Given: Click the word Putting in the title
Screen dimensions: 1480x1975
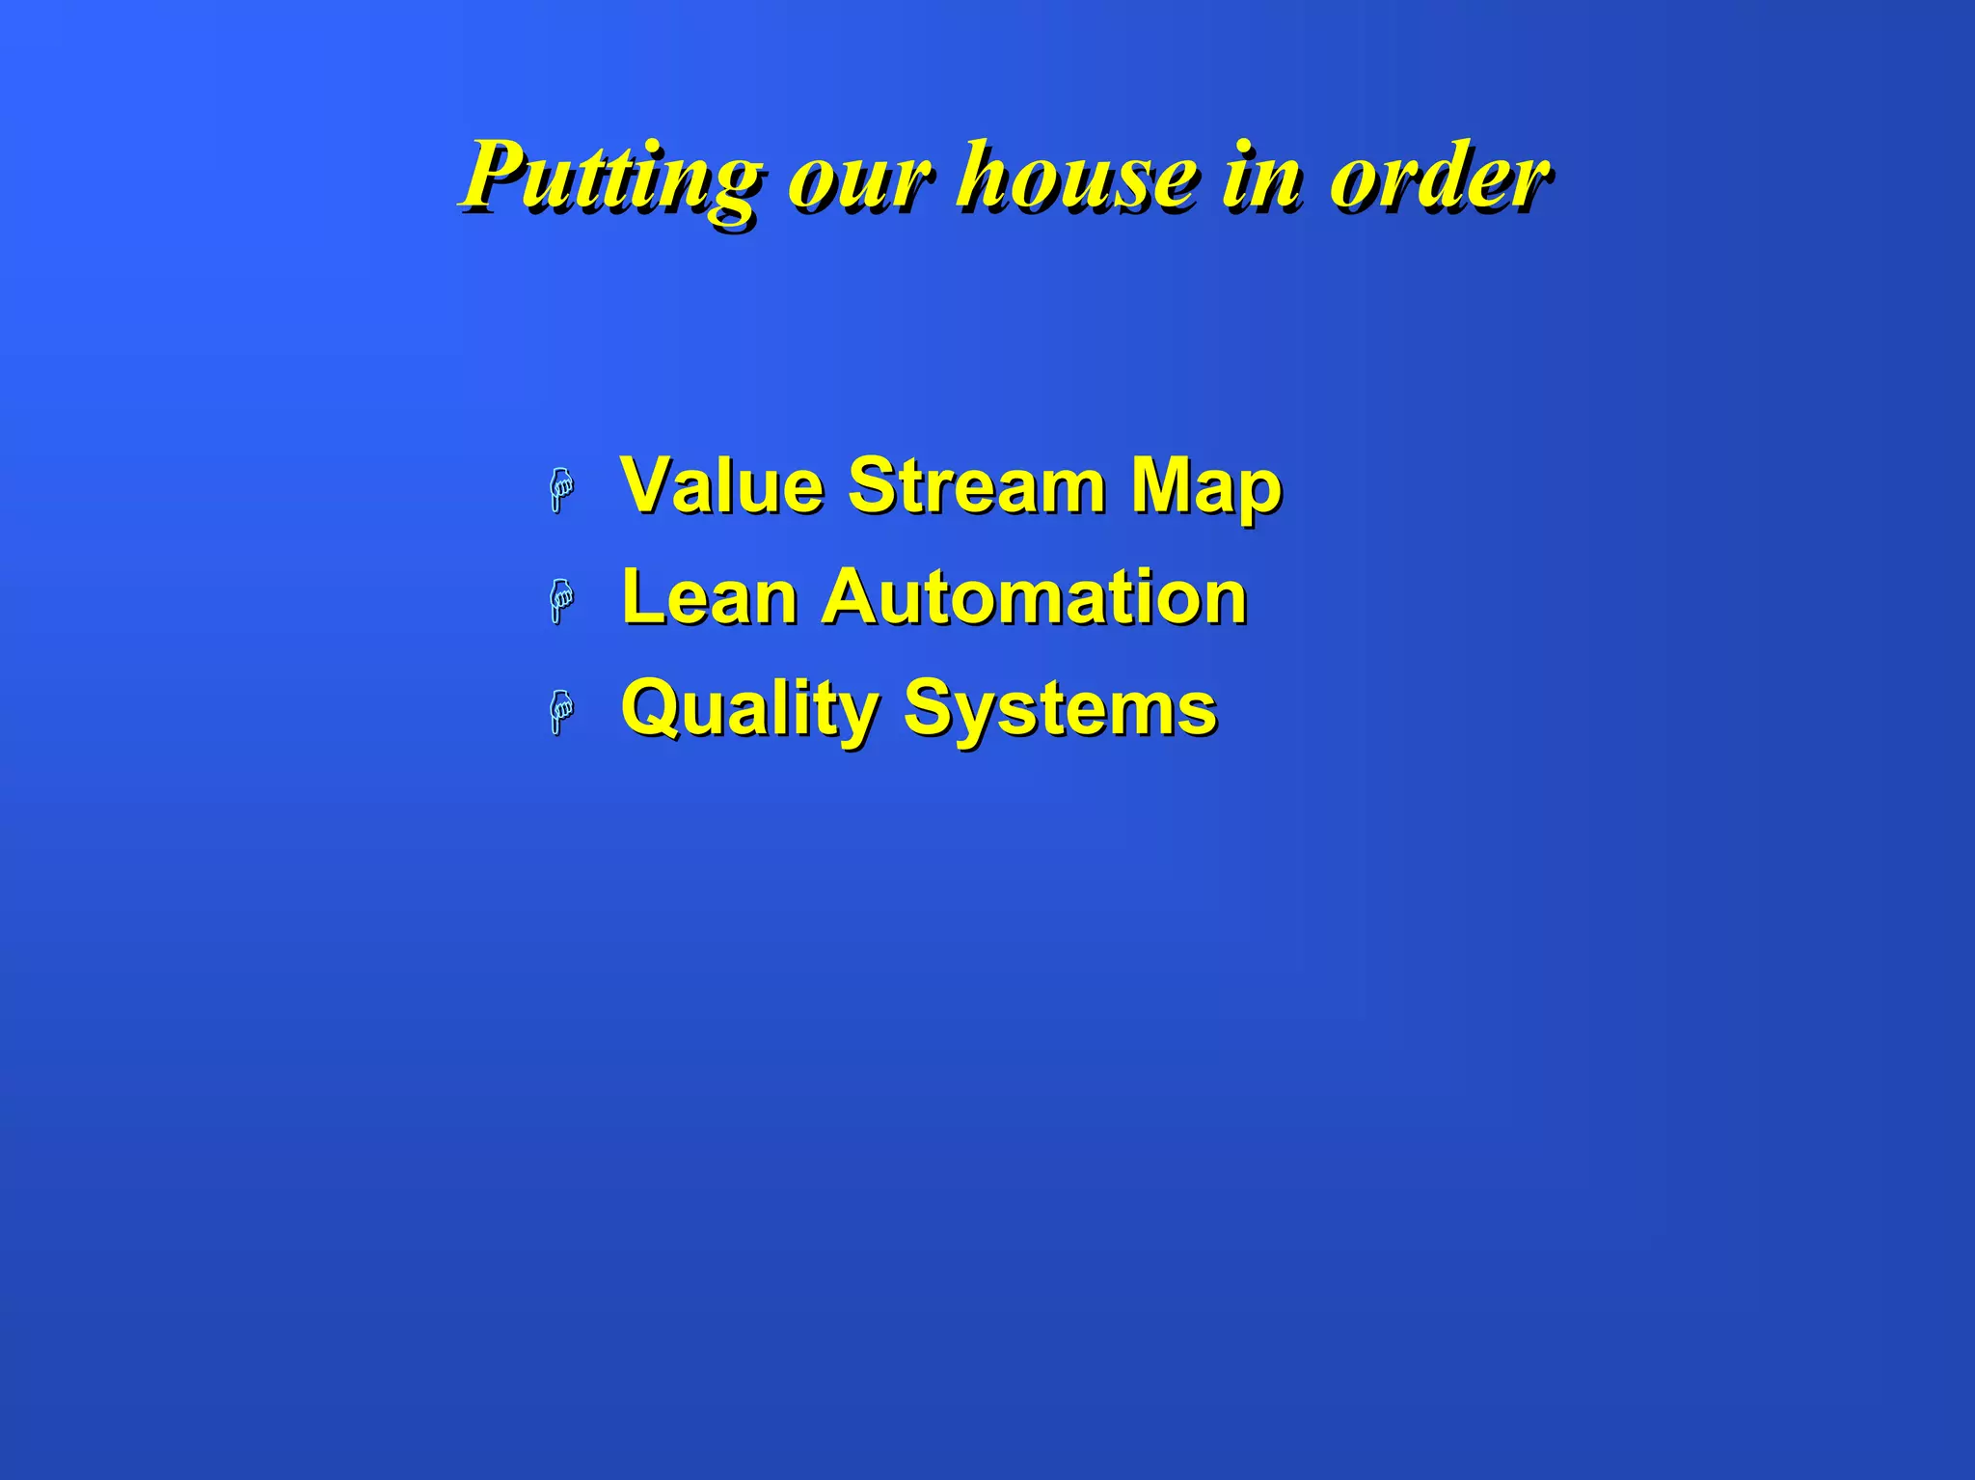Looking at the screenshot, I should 611,178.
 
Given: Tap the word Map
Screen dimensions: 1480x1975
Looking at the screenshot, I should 1205,488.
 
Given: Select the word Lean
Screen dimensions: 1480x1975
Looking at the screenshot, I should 710,597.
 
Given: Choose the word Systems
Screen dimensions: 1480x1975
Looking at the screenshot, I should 1060,710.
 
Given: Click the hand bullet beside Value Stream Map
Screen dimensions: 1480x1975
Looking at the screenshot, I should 561,489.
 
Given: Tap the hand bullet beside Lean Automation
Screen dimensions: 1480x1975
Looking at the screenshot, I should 561,601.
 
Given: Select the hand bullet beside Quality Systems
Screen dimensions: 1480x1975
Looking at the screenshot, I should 561,712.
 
